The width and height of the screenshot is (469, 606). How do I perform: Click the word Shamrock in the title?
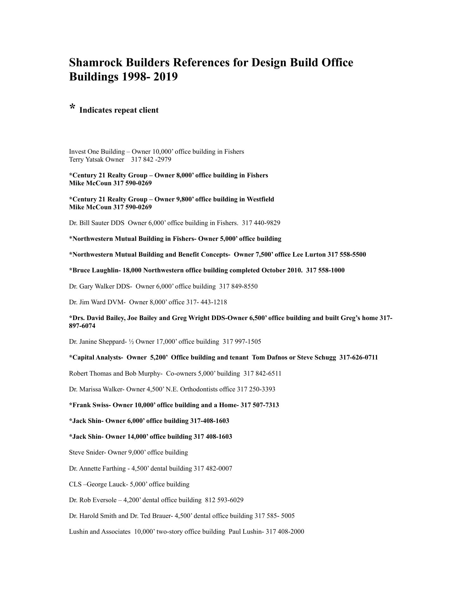(96, 62)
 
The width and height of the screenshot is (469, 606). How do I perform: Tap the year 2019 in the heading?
(165, 77)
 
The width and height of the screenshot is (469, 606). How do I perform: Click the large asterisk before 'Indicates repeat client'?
(72, 107)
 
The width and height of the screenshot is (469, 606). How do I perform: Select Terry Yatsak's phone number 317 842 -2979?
(151, 159)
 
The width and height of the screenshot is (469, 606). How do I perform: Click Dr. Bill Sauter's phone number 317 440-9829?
(261, 223)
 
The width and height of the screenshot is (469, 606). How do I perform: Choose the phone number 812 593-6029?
(224, 500)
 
